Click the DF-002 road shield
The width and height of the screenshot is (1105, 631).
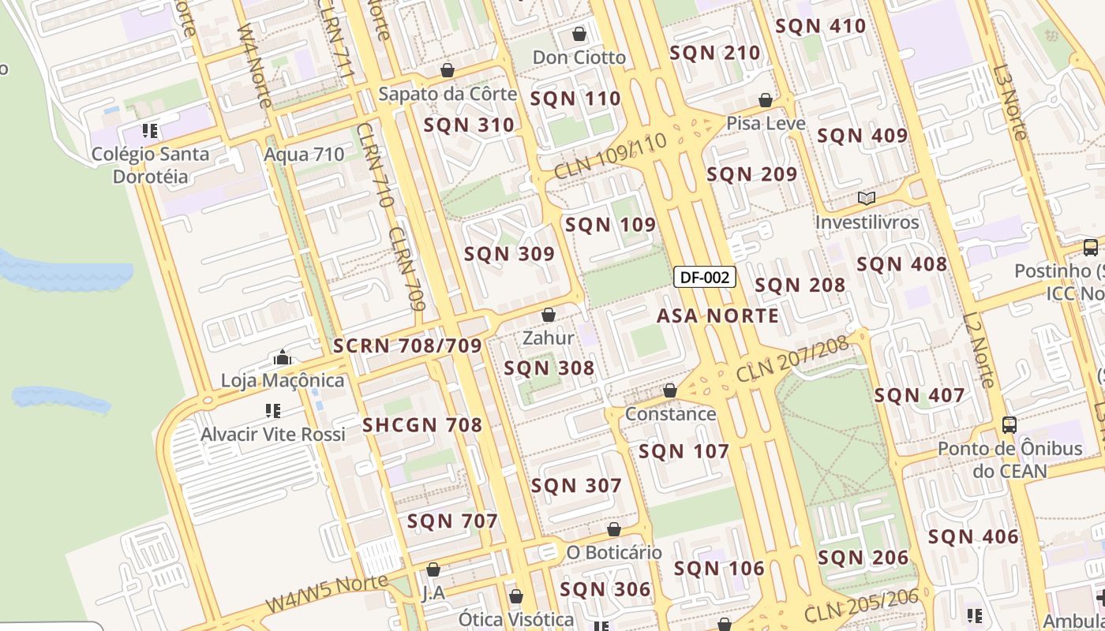(705, 277)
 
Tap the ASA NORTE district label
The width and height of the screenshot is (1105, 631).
(717, 316)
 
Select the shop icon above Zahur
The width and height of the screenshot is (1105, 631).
(549, 315)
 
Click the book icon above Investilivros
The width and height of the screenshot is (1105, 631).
(867, 199)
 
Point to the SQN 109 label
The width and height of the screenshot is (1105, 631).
(610, 225)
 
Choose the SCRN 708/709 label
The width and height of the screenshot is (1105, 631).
(407, 346)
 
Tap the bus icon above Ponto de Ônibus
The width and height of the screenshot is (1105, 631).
(1009, 425)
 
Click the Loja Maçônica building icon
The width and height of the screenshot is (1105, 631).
(283, 358)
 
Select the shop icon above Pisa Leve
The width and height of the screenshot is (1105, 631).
(765, 100)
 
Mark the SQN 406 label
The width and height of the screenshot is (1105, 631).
(973, 537)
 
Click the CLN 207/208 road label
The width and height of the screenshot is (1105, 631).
(792, 359)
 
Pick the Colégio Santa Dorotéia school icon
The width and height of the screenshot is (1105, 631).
(150, 131)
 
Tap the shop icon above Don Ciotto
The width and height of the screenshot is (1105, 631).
(579, 34)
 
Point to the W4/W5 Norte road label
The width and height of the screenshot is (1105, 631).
(326, 594)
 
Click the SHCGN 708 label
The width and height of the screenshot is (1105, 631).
(422, 426)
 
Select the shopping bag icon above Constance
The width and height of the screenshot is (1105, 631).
(670, 390)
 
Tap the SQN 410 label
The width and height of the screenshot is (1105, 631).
(821, 26)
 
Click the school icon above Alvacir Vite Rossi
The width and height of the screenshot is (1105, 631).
(273, 411)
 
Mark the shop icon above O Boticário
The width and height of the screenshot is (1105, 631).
(614, 529)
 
